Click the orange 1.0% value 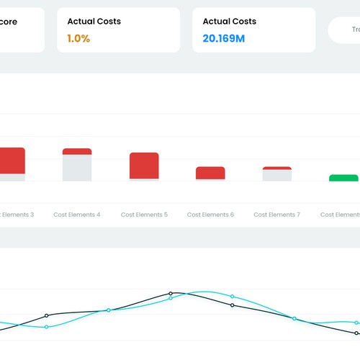click(78, 38)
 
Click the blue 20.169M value click(224, 38)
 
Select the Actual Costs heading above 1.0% click(94, 22)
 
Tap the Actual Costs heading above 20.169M click(230, 22)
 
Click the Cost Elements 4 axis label click(77, 215)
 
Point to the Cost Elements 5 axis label click(144, 215)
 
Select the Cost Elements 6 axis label click(210, 215)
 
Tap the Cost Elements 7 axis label click(276, 215)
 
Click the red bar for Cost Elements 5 click(144, 165)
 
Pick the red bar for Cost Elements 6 click(210, 173)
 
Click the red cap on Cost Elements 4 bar click(77, 151)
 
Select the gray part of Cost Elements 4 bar click(77, 168)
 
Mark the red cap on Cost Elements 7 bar click(276, 168)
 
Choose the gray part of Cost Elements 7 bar click(276, 176)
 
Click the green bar click(343, 178)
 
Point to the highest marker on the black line click(171, 294)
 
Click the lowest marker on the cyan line click(47, 327)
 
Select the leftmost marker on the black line click(47, 315)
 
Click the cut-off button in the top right click(346, 30)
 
